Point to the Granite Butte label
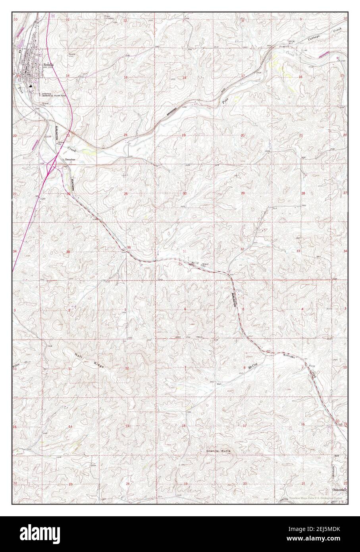pyautogui.click(x=218, y=452)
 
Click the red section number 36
pyautogui.click(x=129, y=248)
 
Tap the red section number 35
pyautogui.click(x=68, y=252)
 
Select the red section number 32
pyautogui.click(x=242, y=249)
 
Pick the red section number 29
pyautogui.click(x=243, y=193)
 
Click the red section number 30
pyautogui.click(x=185, y=193)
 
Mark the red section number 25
pyautogui.click(x=126, y=193)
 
